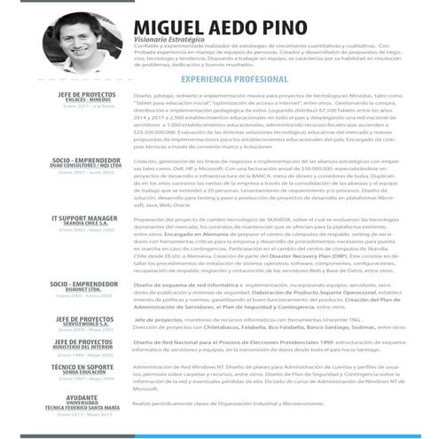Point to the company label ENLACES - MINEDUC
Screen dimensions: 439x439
point(88,99)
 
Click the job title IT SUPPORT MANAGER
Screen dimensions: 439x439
point(84,216)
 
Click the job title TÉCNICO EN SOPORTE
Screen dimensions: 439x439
point(85,366)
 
